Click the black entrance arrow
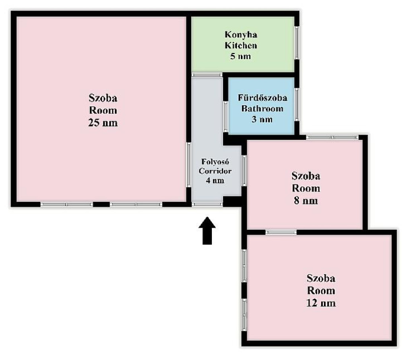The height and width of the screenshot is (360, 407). [x=207, y=230]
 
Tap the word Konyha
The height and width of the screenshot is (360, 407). [x=241, y=35]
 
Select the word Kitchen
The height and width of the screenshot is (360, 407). [x=241, y=45]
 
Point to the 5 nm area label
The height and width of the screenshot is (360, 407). [x=240, y=56]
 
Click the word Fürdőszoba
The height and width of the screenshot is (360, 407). [x=262, y=98]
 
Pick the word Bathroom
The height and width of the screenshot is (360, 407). [x=262, y=108]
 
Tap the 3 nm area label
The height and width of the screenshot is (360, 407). [x=262, y=119]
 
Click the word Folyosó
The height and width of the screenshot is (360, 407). [x=215, y=162]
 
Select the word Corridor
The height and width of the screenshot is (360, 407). [x=215, y=171]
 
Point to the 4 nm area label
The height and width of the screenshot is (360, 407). [x=215, y=180]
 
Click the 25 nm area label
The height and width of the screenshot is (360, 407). [x=103, y=122]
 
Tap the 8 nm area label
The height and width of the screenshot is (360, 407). [x=306, y=201]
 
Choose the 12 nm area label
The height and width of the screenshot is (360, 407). [x=321, y=303]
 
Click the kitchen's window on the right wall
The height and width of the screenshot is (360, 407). [x=297, y=43]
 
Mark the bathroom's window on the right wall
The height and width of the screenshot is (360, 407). [x=297, y=105]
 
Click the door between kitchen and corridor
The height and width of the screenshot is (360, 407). [x=207, y=75]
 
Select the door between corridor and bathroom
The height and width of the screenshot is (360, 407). [x=226, y=116]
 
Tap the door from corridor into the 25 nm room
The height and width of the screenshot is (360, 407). [x=189, y=165]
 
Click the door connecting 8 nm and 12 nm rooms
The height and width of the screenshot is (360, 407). [x=281, y=232]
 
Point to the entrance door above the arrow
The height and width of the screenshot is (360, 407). [x=207, y=204]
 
